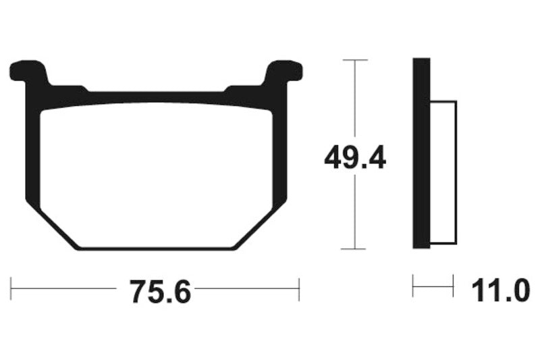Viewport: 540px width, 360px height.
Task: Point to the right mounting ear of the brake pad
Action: (284, 70)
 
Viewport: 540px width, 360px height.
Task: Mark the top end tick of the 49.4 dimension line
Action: (354, 60)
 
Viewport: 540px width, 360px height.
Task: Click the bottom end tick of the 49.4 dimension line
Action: (354, 249)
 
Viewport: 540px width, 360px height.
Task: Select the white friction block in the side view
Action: (443, 172)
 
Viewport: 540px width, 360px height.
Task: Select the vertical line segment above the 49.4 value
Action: (354, 101)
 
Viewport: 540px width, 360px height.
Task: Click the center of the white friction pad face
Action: (156, 174)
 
